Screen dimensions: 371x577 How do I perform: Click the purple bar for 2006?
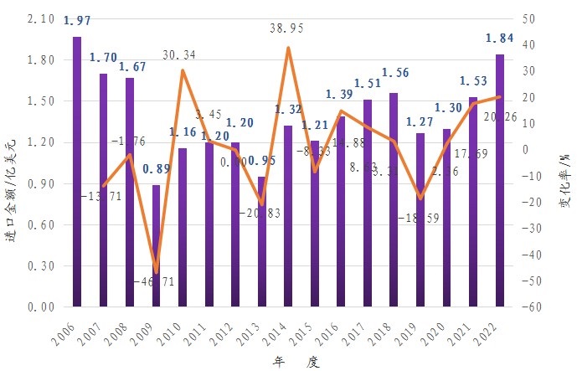[x=77, y=172]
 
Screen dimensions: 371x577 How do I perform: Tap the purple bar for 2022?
[x=499, y=180]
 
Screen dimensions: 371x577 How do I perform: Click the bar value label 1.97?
[x=77, y=20]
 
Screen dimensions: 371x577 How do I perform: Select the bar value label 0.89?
[x=156, y=169]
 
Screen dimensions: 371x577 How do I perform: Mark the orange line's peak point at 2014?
[x=288, y=48]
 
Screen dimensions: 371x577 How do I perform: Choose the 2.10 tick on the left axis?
[x=40, y=18]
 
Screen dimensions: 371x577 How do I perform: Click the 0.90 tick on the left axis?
[x=40, y=183]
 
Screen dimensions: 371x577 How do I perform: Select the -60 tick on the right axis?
[x=529, y=307]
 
